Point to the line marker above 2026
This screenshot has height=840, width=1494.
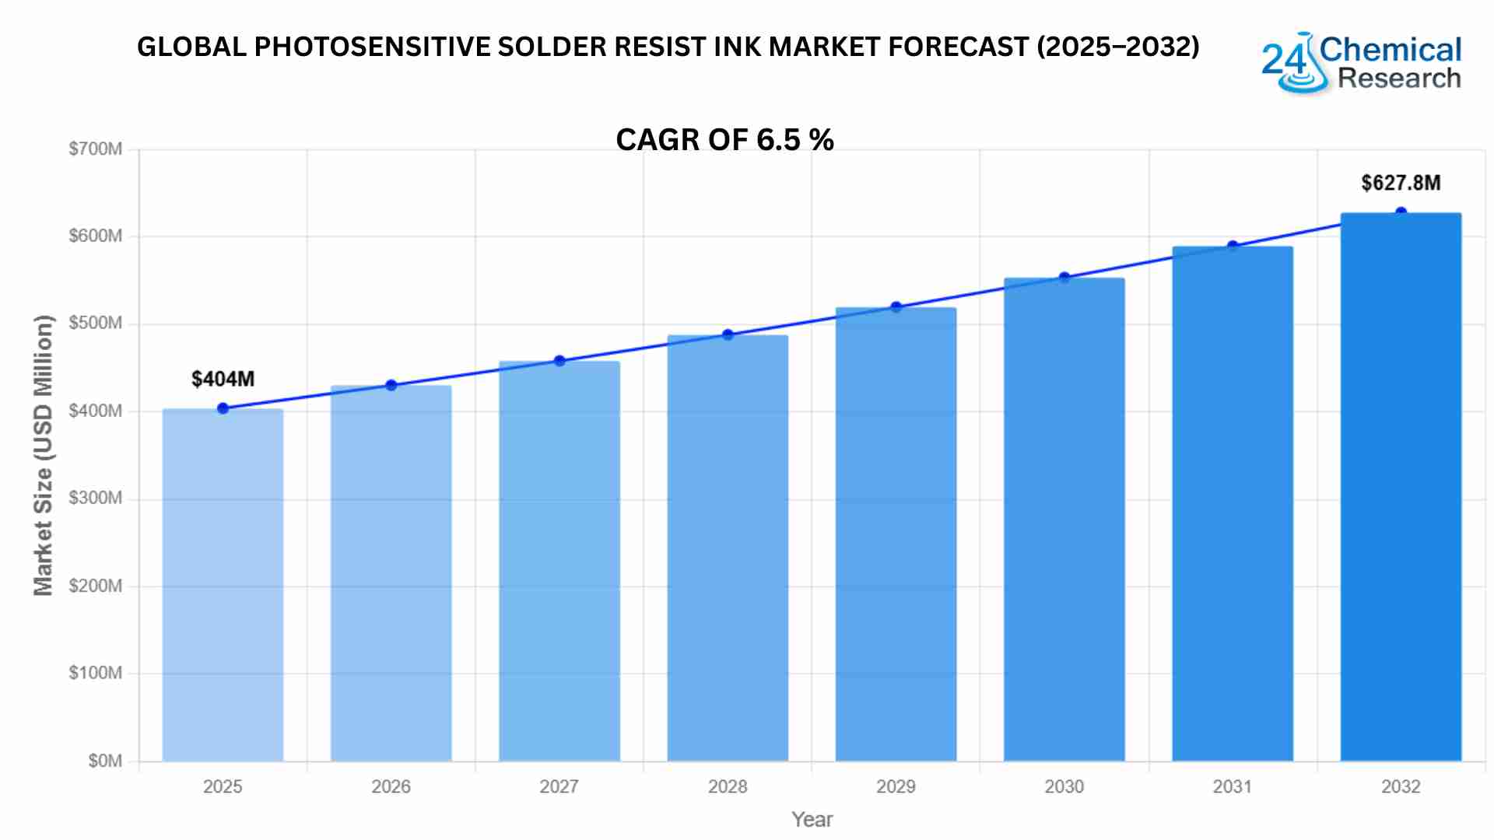391,385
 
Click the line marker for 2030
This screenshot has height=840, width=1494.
1064,278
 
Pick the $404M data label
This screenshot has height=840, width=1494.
223,379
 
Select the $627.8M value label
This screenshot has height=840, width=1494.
1401,183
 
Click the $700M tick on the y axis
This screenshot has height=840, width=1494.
95,149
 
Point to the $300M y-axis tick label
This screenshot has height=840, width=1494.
95,498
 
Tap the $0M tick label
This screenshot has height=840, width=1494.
105,761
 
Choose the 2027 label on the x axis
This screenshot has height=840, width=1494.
559,786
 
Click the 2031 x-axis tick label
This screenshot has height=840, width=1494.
1232,786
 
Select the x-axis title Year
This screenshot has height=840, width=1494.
812,819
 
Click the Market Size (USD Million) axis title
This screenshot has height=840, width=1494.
44,455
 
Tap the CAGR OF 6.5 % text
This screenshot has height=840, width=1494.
724,140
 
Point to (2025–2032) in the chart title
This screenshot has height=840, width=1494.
1117,47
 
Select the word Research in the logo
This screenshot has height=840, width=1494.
1398,79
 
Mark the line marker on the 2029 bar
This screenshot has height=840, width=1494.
896,307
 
